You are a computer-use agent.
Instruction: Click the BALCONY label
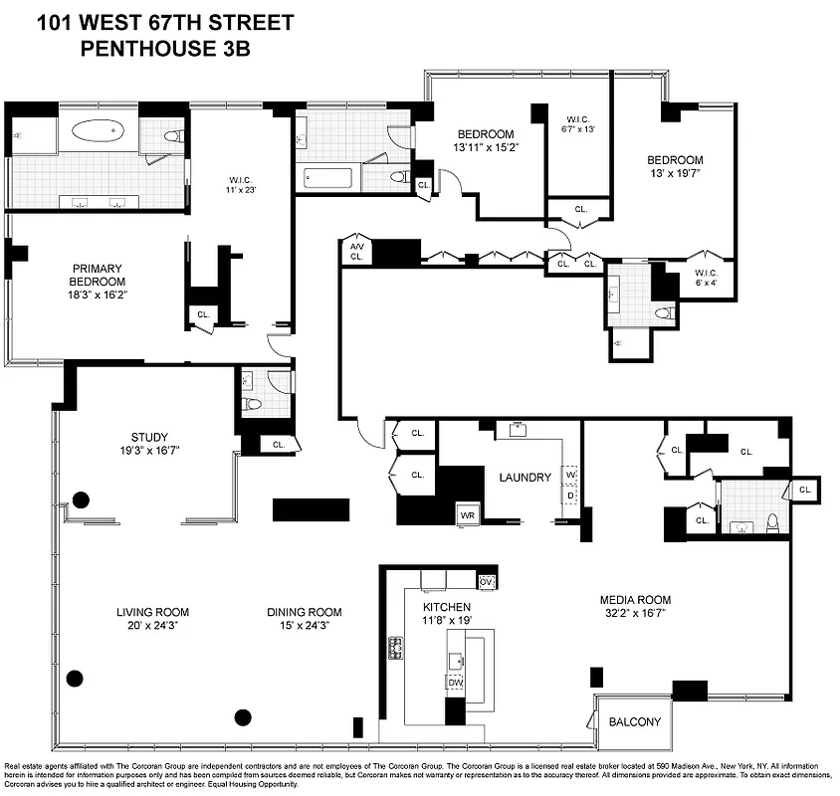tap(634, 722)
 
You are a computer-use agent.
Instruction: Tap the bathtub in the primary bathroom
tap(98, 129)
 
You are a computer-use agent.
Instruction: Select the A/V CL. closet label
tap(354, 252)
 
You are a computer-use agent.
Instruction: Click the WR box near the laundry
tap(468, 515)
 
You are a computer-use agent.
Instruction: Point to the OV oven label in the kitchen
tap(486, 581)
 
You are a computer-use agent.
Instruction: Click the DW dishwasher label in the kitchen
tap(455, 682)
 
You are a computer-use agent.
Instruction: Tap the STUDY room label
tap(149, 437)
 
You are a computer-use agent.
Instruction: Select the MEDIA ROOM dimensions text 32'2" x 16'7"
tap(634, 615)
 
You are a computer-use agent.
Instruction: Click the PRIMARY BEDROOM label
tap(97, 275)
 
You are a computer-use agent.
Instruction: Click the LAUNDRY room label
tap(525, 478)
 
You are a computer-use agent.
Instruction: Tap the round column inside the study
tap(81, 499)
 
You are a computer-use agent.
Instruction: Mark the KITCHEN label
tap(446, 607)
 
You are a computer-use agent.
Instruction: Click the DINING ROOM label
tap(304, 612)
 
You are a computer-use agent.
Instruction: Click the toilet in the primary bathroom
tap(171, 136)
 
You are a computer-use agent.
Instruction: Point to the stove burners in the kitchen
tap(394, 649)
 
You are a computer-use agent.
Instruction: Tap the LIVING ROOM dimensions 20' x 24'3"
tap(152, 627)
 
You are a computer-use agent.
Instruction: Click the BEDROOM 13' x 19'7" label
tap(675, 160)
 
